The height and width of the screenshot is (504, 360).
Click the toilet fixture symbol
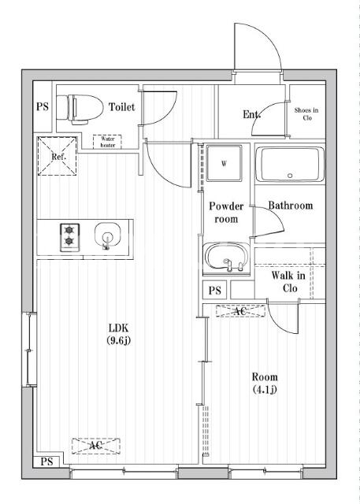pos(80,109)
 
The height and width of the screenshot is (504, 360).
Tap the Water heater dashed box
pos(107,142)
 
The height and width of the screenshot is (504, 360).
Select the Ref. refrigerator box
pos(58,156)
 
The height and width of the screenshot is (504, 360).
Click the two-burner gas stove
pos(70,237)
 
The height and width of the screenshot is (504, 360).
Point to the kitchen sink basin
pos(108,235)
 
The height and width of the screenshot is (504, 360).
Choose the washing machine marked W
pos(224,163)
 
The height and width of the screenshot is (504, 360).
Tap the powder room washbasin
pos(226,258)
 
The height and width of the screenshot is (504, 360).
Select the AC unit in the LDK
pos(96,446)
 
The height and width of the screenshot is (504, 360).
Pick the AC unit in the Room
pos(240,311)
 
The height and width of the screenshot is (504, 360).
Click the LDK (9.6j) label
pos(119,334)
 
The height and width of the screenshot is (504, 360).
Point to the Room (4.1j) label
pos(265,383)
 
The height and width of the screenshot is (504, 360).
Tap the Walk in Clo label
pos(288,282)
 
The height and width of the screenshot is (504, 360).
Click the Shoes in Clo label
pos(306,113)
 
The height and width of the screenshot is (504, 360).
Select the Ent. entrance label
pos(251,114)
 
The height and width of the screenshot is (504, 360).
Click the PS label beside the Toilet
pos(43,106)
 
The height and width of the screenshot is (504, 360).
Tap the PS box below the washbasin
pos(215,290)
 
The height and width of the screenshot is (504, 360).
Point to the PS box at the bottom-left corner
pos(47,462)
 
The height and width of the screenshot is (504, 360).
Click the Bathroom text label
pos(291,206)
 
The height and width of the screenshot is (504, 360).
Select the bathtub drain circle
pos(290,176)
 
